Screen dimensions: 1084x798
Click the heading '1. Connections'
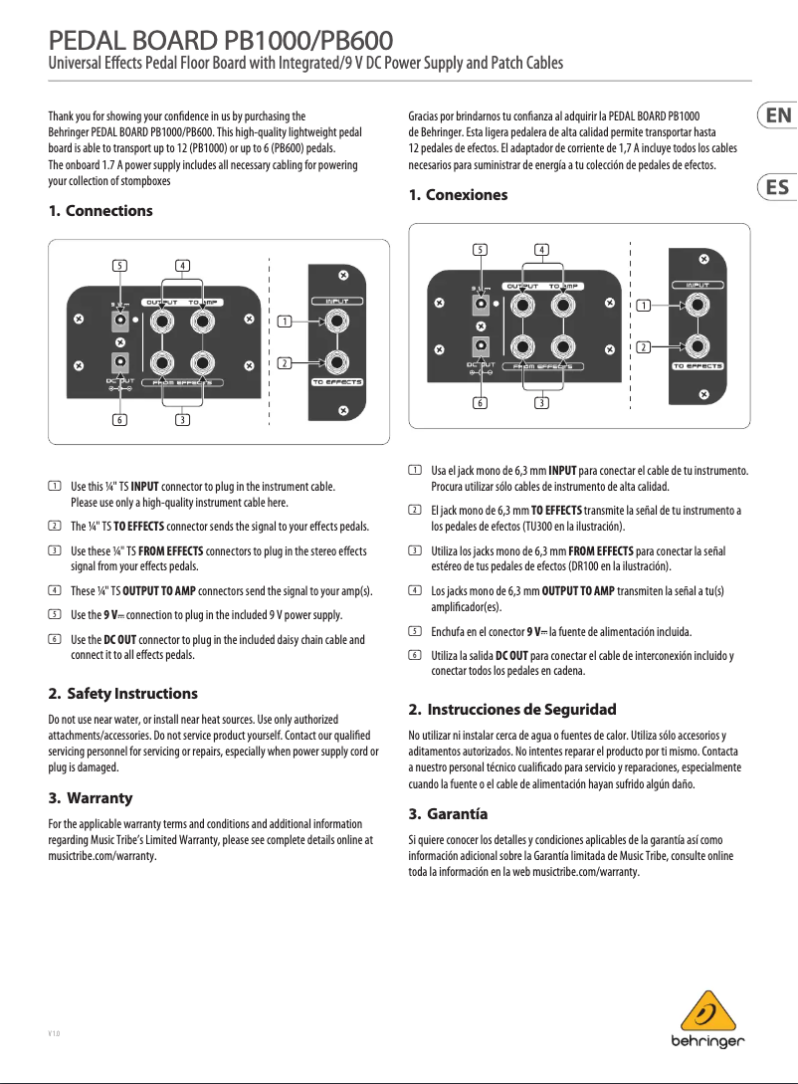[100, 211]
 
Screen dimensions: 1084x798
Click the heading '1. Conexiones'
[459, 195]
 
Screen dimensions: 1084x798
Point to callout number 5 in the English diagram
[119, 265]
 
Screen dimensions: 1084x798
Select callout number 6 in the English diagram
[119, 420]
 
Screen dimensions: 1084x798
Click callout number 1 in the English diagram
[285, 322]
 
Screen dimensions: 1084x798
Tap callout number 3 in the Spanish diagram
[540, 402]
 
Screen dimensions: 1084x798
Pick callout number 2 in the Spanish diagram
[644, 346]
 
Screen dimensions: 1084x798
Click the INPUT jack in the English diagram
[337, 322]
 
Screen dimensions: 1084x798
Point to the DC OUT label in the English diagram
[120, 380]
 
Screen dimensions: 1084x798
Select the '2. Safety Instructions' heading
[122, 693]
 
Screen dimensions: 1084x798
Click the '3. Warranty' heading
[91, 798]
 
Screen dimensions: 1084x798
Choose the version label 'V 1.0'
[54, 1033]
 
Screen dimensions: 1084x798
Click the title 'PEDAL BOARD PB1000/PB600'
[223, 41]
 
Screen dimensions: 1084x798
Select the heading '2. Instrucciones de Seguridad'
[512, 710]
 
